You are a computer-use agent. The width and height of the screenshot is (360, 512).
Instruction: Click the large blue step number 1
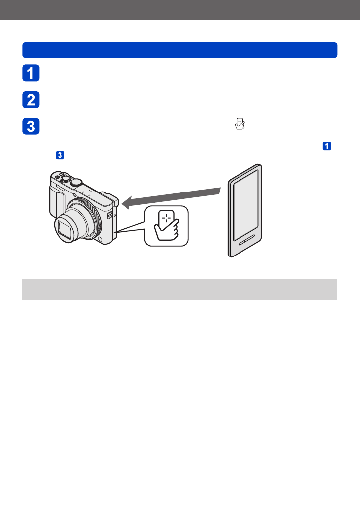(31, 73)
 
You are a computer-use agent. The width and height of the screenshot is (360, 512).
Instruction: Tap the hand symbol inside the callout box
(168, 231)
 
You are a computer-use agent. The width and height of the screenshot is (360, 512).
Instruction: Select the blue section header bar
(180, 50)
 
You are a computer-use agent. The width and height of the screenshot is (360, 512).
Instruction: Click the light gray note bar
(180, 289)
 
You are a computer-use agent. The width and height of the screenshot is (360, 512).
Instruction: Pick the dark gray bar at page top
(180, 10)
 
